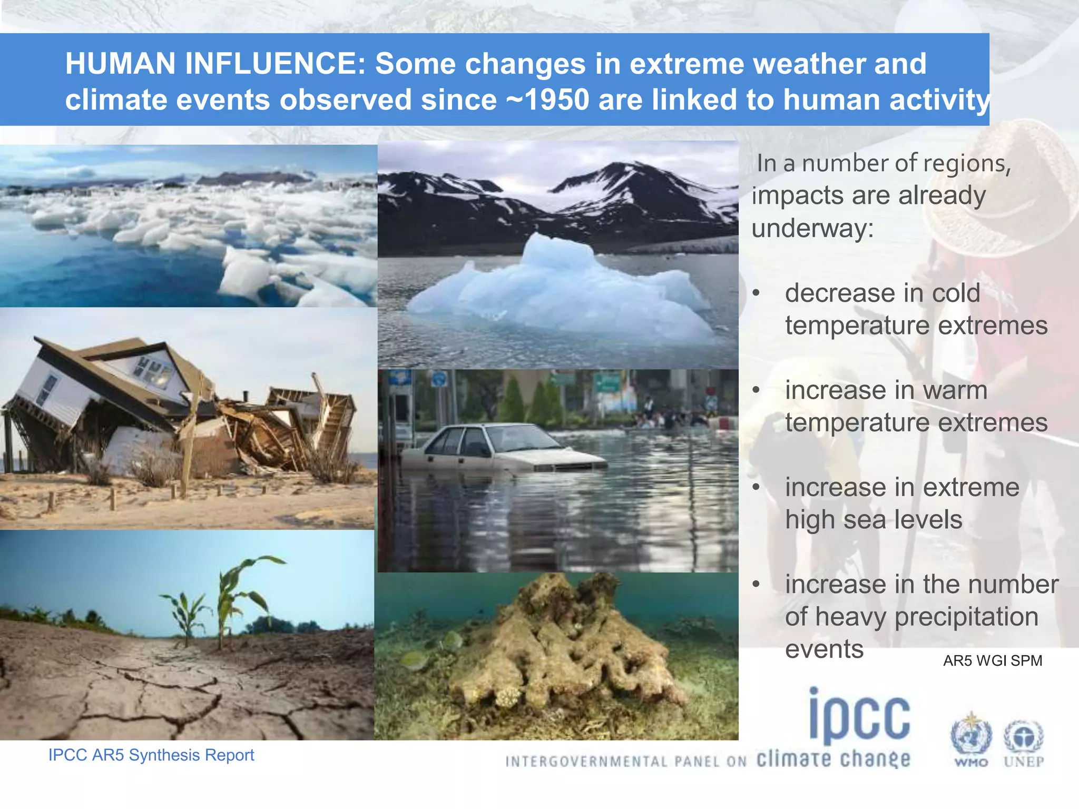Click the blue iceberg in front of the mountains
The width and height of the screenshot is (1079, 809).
[x=558, y=290]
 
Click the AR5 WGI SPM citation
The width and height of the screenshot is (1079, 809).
[x=993, y=661]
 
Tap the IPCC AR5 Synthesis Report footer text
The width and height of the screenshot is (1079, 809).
[x=151, y=755]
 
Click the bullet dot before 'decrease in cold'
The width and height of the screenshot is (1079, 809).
[x=756, y=293]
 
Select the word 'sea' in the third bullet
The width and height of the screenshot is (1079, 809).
[x=866, y=520]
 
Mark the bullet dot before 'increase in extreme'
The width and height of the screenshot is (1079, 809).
[x=756, y=487]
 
